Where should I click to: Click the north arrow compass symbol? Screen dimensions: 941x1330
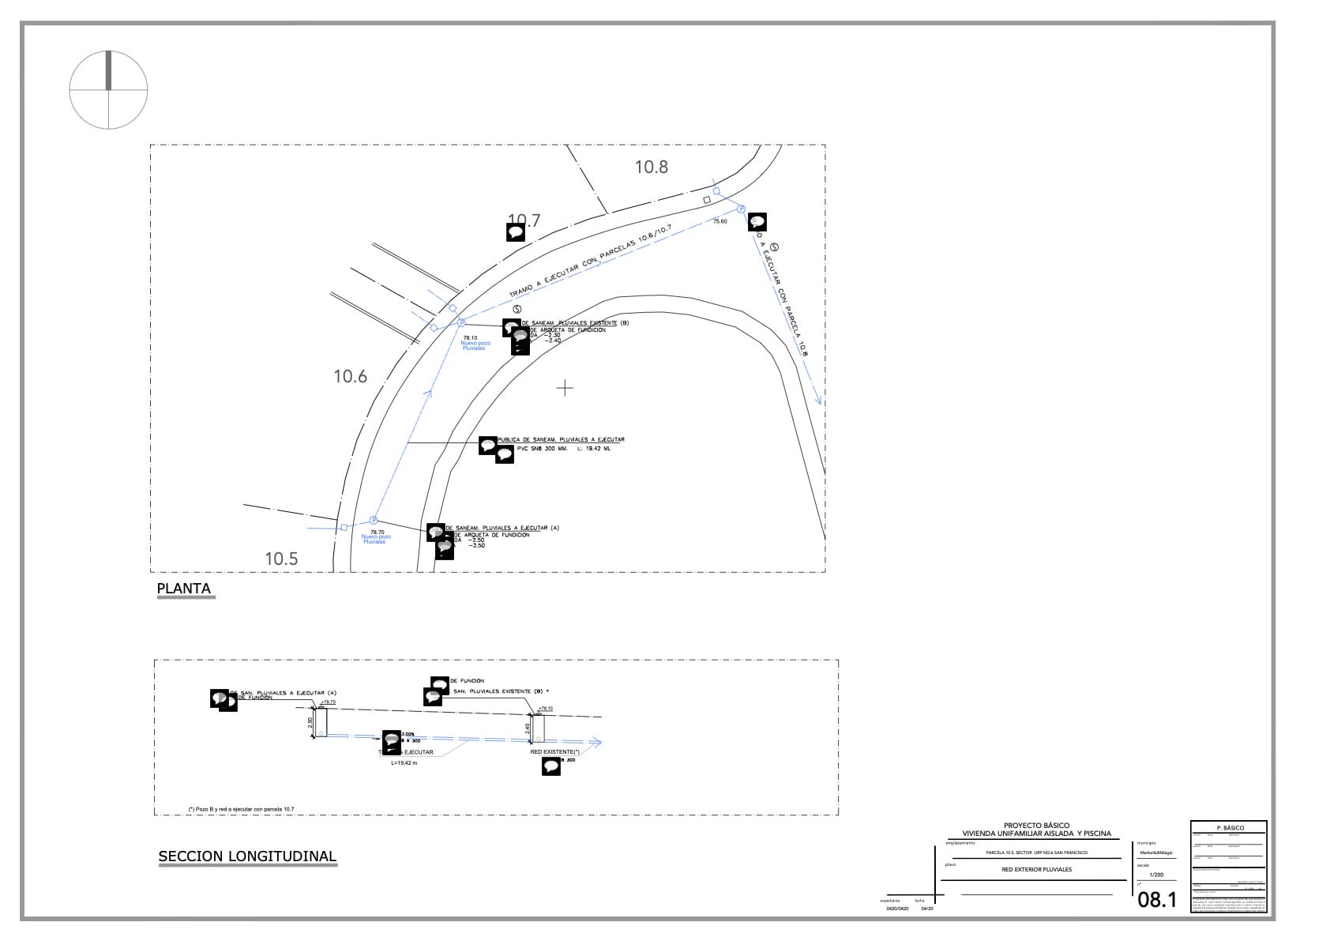(108, 89)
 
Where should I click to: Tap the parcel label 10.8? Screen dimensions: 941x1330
(652, 167)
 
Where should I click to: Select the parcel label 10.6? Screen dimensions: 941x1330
(351, 377)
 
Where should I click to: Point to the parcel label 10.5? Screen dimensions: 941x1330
(281, 559)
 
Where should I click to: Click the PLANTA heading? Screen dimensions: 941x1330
(184, 589)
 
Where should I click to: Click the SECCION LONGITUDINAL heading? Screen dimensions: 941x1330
(247, 856)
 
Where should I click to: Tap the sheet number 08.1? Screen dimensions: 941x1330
(1157, 899)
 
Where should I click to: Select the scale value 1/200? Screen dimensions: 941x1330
(1156, 875)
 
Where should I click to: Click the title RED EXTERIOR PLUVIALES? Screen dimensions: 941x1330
(1036, 869)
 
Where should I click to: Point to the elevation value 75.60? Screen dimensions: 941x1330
(719, 222)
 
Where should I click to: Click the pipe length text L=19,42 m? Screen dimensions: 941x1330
(404, 763)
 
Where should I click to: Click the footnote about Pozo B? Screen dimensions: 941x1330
(241, 809)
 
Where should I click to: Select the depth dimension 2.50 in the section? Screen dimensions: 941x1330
(310, 722)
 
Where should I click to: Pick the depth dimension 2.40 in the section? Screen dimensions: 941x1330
(527, 728)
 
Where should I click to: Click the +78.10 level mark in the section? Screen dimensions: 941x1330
(545, 709)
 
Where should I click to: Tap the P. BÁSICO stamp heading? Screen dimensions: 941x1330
(1230, 828)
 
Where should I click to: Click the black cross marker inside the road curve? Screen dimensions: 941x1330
(565, 388)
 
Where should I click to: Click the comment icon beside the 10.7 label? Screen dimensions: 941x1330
(516, 231)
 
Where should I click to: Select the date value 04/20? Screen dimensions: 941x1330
(926, 909)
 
